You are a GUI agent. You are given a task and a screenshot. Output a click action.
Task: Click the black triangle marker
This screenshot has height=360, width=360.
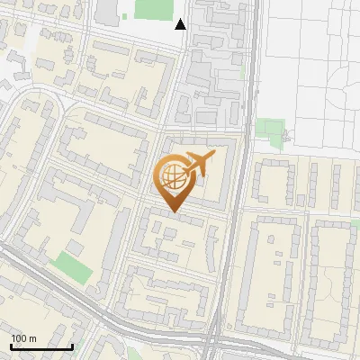tap(181, 24)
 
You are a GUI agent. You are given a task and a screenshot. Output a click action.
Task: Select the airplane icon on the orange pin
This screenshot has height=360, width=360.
tap(198, 166)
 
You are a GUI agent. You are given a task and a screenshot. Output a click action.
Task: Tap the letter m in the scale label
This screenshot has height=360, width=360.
tap(32, 338)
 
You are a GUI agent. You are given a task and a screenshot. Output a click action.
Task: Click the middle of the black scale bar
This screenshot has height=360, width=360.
tap(40, 346)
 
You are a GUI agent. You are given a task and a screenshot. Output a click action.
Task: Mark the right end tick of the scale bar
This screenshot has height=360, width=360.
tap(72, 346)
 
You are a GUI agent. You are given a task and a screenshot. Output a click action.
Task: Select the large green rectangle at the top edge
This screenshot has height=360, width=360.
tap(152, 9)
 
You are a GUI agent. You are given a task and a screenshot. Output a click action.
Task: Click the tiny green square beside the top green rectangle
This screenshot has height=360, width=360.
tap(126, 17)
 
